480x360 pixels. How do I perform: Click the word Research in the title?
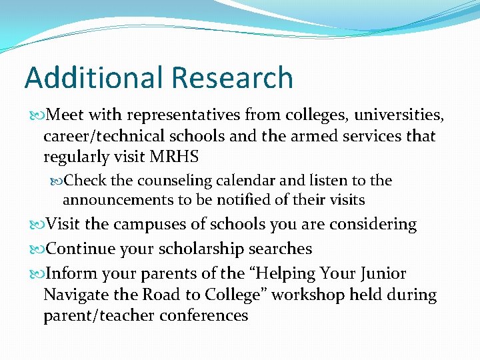point(231,78)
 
